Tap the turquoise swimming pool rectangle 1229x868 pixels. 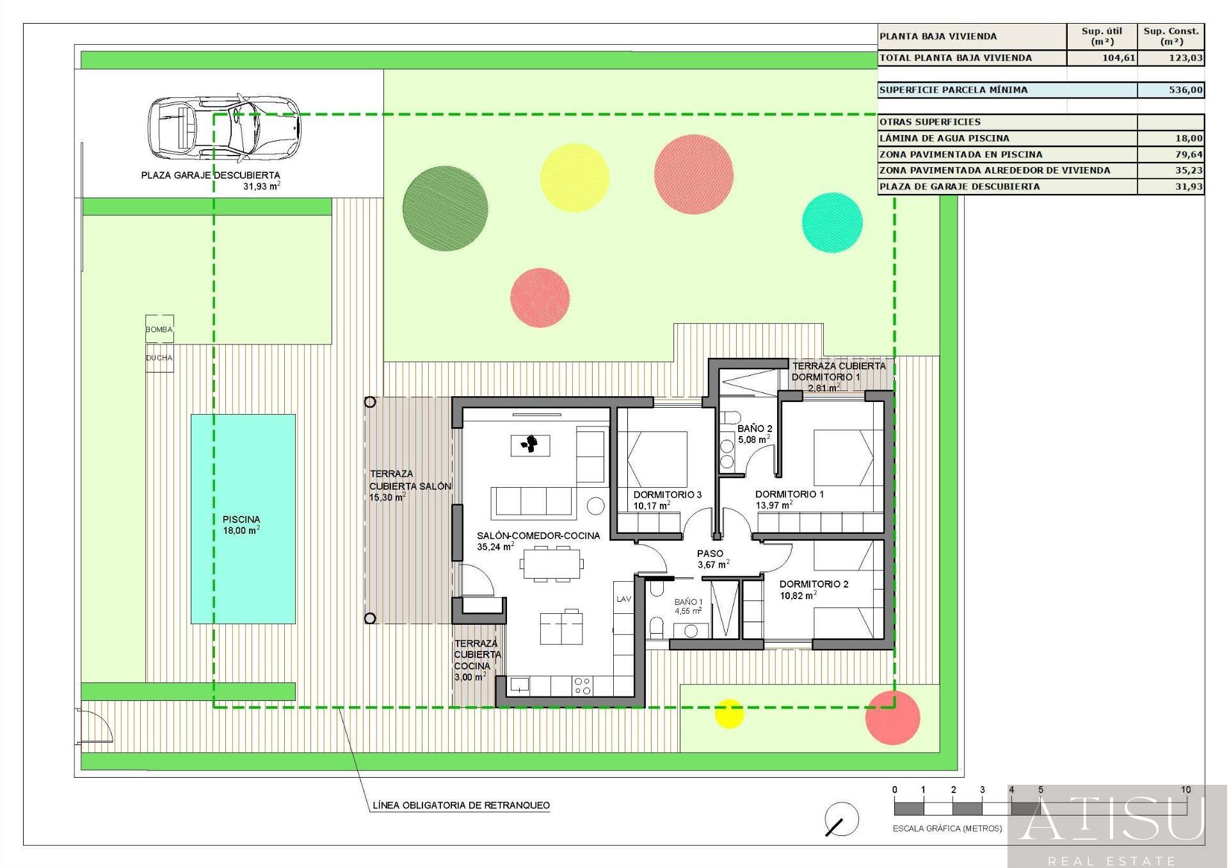coord(243,519)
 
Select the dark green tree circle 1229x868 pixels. coord(445,209)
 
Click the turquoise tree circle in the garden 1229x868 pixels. coord(832,222)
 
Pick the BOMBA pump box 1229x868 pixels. coord(159,329)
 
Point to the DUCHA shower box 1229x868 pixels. coord(159,358)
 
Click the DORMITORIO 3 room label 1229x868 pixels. coord(668,494)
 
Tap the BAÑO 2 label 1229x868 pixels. coord(755,428)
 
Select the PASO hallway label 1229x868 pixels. coord(710,553)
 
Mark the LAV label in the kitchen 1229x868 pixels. coord(623,599)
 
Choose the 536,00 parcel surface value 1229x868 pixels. coord(1185,90)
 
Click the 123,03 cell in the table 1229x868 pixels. coord(1185,58)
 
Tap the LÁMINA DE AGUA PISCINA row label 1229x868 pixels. coord(944,138)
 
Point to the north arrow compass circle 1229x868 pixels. coord(842,819)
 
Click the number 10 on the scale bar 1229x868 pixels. coord(1185,790)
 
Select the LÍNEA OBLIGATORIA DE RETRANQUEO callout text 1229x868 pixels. coord(462,805)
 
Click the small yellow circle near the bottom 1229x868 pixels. coord(729,714)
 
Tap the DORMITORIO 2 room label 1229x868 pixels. coord(814,584)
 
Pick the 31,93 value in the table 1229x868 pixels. coord(1188,186)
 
